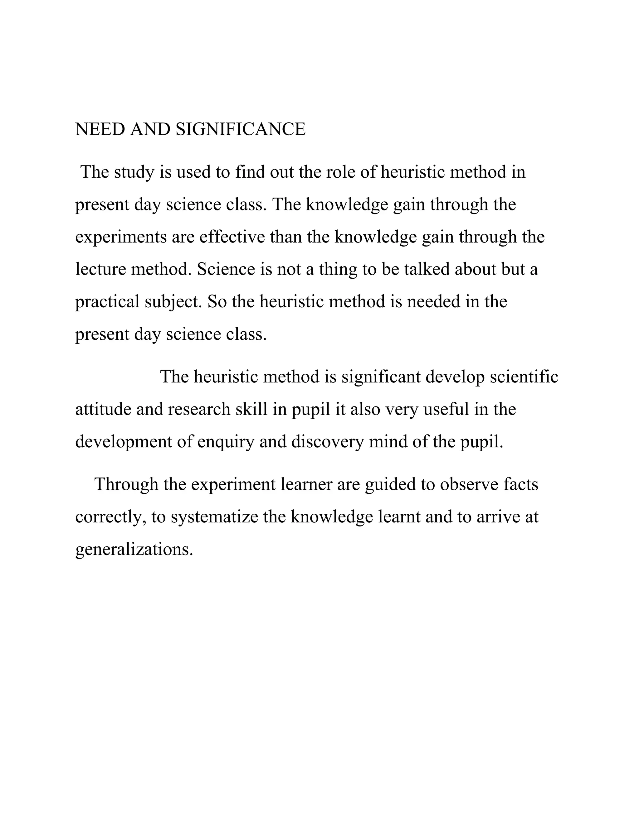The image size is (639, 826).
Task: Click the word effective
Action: (232, 237)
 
